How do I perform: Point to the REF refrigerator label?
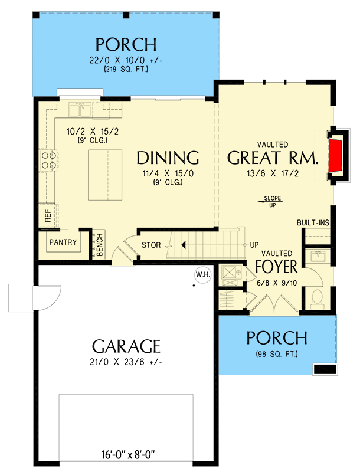[x=47, y=216]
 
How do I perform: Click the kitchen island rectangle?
[x=105, y=175]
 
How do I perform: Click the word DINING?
[x=167, y=158]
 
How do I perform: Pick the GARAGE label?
[x=126, y=345]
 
